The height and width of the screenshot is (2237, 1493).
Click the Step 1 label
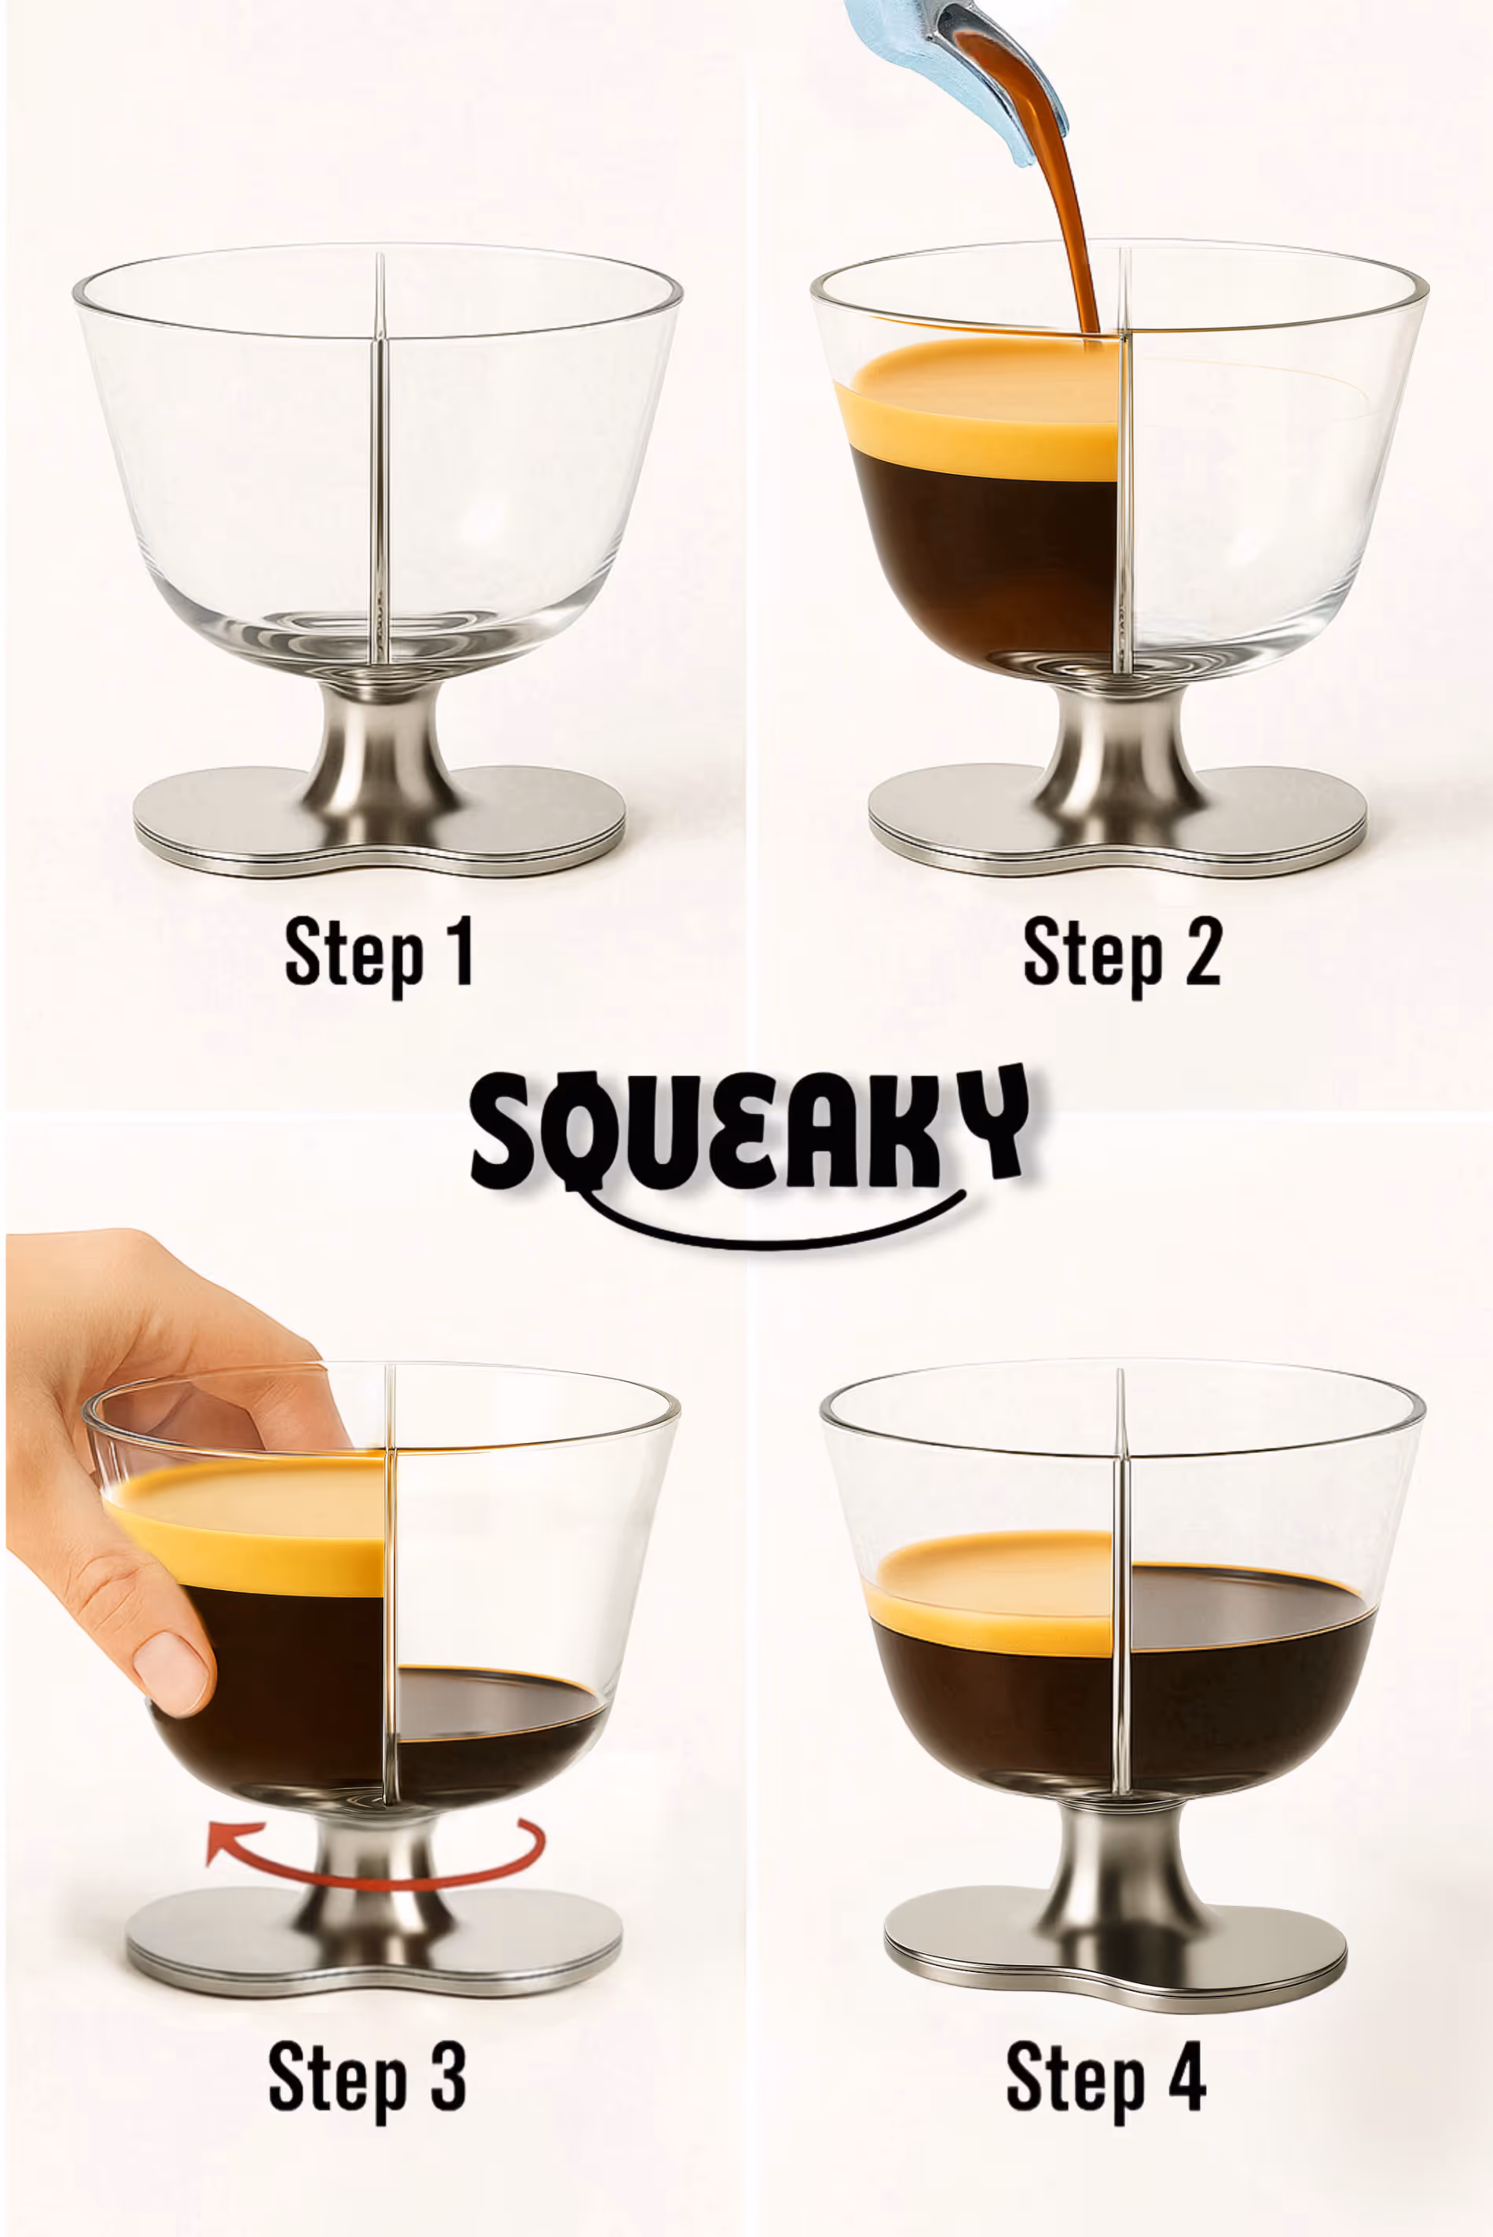click(379, 954)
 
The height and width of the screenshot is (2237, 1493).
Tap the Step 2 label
click(1121, 954)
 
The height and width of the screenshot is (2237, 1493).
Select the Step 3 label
click(368, 2079)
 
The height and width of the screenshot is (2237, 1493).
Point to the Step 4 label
click(1106, 2079)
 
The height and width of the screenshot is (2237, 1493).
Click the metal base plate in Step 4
click(1116, 1948)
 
